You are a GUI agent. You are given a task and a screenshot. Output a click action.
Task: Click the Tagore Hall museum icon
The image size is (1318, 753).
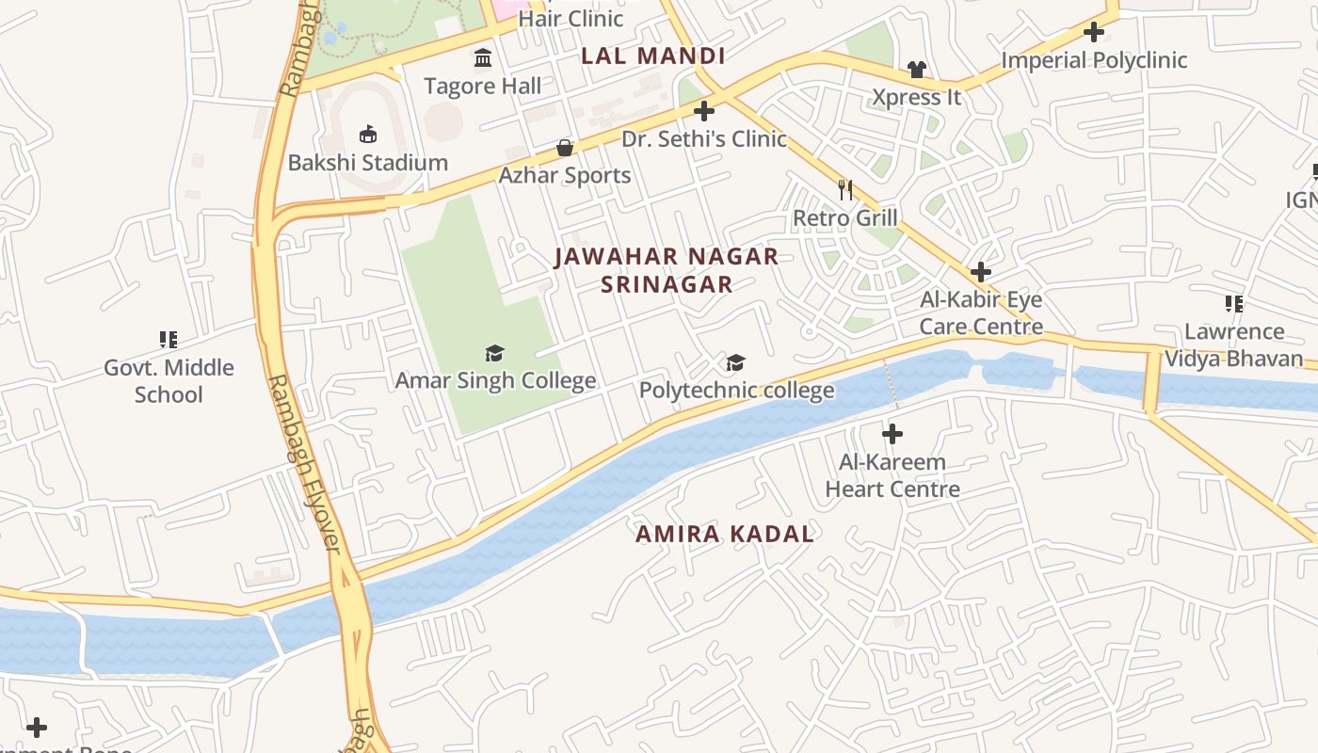point(483,58)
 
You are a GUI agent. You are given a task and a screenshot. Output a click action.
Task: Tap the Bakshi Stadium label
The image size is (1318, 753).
point(368,162)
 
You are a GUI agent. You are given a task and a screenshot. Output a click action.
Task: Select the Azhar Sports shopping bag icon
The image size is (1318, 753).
point(565,148)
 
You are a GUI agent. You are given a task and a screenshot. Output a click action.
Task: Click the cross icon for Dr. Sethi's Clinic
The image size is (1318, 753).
point(703,111)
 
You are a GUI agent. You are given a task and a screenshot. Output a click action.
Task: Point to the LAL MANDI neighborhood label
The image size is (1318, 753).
point(652,56)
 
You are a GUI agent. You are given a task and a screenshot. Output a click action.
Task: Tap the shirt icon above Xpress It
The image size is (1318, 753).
point(916,69)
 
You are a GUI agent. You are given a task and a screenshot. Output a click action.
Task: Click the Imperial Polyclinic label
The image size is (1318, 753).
point(1093,60)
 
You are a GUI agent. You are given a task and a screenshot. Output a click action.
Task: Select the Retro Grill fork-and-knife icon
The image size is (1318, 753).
point(845,190)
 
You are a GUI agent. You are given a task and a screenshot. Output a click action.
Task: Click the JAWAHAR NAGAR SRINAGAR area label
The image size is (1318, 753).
point(667,270)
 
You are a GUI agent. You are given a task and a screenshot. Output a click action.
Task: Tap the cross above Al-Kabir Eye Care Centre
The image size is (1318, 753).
point(981,272)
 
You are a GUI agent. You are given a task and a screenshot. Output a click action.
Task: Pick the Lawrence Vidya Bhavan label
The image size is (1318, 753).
point(1233,344)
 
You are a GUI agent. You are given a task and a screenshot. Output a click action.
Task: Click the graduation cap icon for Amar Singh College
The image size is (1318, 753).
point(494,353)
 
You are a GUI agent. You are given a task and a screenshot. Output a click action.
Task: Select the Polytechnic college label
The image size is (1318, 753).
point(736,390)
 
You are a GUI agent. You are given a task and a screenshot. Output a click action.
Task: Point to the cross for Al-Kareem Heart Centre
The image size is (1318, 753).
point(892,434)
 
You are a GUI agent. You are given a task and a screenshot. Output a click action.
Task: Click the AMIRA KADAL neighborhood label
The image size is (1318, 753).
point(724,534)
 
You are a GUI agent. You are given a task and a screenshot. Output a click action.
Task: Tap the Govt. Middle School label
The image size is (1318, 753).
point(169,380)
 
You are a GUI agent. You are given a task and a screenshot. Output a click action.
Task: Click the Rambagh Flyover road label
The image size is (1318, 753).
point(303,463)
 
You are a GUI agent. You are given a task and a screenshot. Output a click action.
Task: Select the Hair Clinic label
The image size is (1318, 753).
point(571,18)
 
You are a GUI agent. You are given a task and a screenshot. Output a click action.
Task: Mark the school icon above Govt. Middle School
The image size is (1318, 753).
point(169,339)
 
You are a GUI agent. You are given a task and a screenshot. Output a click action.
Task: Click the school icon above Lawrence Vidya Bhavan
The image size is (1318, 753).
point(1233,303)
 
